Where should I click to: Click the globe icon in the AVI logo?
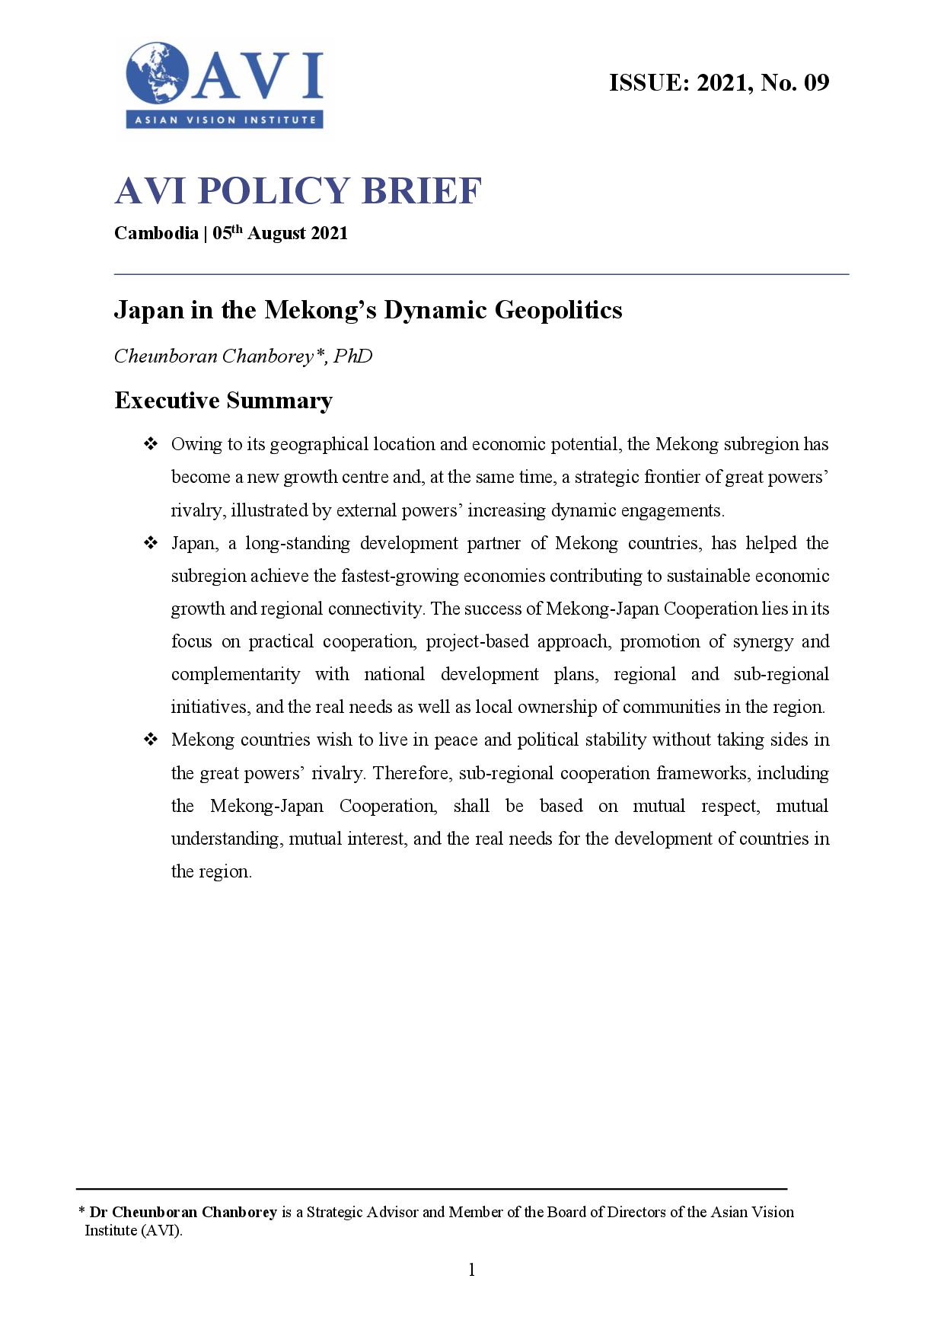[x=158, y=74]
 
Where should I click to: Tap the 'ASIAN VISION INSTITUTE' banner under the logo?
[x=225, y=120]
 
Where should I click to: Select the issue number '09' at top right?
[x=816, y=82]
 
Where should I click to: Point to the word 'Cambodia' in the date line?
[x=156, y=233]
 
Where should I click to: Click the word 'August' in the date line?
[x=276, y=233]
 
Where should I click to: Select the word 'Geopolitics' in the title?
[x=559, y=310]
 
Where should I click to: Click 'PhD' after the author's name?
[x=352, y=356]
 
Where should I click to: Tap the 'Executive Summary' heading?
[x=223, y=401]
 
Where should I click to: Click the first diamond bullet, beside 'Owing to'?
[x=150, y=443]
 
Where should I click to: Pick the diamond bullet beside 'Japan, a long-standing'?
[x=150, y=542]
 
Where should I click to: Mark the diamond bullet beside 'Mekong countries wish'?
[x=150, y=739]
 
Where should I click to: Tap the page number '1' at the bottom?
[x=472, y=1269]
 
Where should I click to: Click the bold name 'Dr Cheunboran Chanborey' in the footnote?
[x=183, y=1212]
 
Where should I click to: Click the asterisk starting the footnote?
[x=81, y=1211]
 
